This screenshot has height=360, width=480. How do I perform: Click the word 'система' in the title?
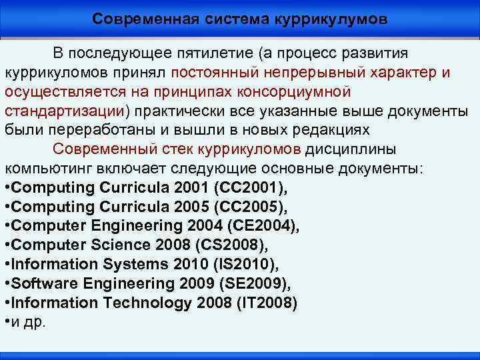coord(233,19)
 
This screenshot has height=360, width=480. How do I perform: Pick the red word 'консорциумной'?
coord(294,91)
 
